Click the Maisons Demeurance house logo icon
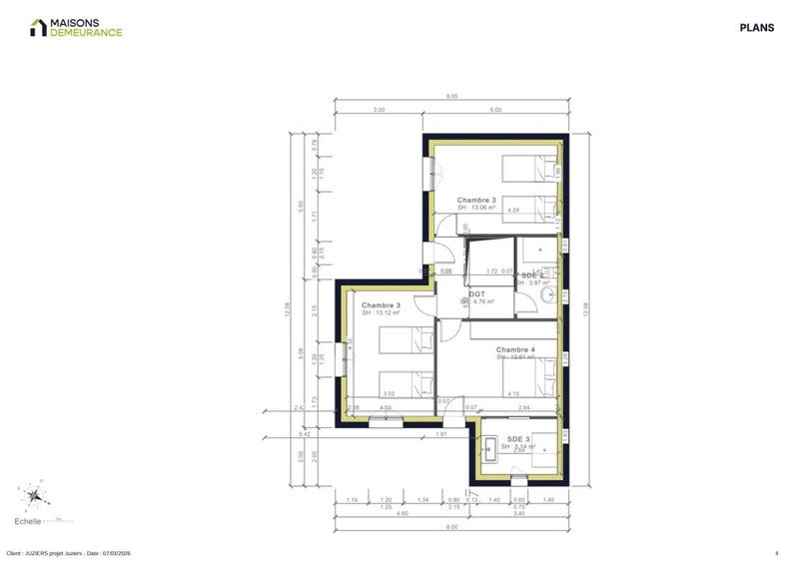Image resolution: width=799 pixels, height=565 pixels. (38, 27)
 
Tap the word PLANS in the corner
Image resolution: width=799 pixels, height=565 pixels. (756, 28)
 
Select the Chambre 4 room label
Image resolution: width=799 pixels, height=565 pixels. (515, 349)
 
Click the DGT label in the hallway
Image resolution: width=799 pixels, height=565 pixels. (477, 294)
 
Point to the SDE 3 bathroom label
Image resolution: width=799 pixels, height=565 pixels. (519, 439)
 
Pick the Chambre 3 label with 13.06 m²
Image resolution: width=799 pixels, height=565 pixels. (476, 200)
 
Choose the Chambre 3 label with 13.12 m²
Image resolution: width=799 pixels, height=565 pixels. (381, 305)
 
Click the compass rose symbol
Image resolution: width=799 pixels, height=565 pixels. (35, 494)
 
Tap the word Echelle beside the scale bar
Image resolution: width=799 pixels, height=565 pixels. (27, 521)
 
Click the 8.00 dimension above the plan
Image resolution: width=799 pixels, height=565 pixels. (451, 97)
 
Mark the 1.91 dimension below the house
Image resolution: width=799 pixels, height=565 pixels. (439, 436)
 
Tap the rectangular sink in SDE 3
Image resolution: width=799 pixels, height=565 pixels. (490, 448)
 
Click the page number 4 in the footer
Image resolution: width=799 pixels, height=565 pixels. (776, 553)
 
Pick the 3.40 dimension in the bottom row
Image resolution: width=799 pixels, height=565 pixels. (517, 513)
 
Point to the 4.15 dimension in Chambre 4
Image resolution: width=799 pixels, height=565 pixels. (513, 394)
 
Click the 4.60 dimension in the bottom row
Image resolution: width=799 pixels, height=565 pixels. (401, 513)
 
